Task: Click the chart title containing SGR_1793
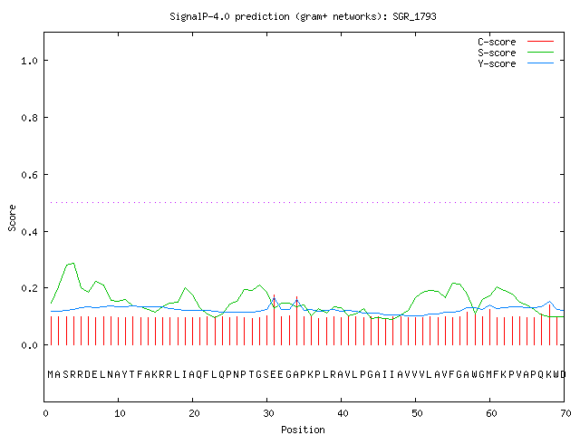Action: click(303, 16)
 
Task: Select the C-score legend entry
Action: click(516, 42)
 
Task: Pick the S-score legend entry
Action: click(516, 53)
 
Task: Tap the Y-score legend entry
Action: click(516, 63)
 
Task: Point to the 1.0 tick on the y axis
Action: click(29, 61)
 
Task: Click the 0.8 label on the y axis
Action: click(29, 118)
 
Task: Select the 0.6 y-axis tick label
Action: click(29, 175)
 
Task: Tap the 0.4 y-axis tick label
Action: click(29, 232)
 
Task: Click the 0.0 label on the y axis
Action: click(29, 345)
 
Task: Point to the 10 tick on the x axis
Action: click(120, 413)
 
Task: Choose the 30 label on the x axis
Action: click(268, 413)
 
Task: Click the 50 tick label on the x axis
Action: click(417, 413)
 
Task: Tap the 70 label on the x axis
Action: click(565, 413)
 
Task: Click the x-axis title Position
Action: click(303, 430)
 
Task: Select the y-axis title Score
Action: click(12, 217)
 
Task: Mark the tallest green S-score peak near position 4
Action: click(73, 263)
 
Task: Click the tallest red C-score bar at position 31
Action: click(274, 320)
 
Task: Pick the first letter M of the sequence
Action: click(51, 374)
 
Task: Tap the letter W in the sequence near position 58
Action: click(475, 374)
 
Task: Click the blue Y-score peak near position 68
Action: click(550, 302)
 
